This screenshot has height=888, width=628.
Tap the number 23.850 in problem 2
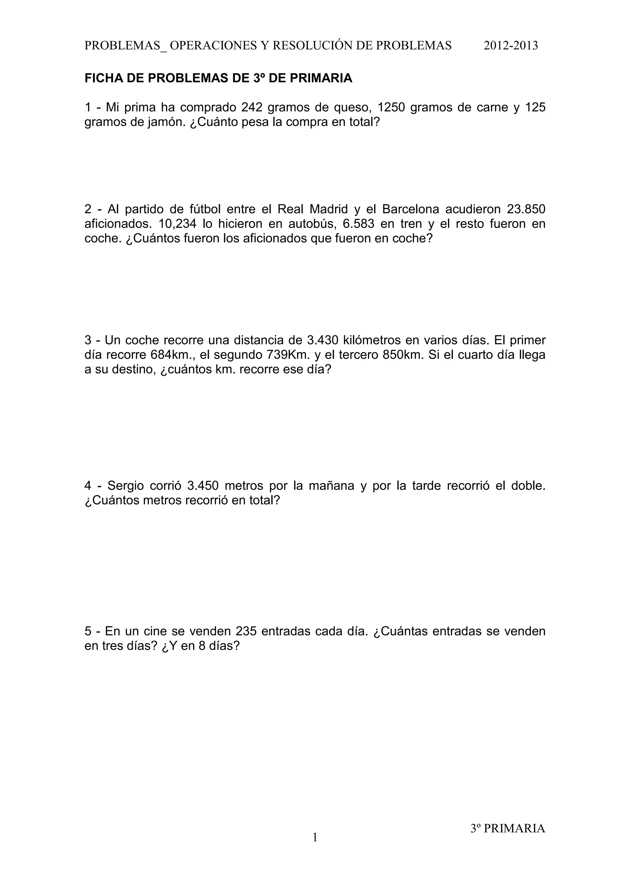coord(526,209)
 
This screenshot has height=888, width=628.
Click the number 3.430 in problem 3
coord(323,340)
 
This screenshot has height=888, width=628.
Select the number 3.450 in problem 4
coord(203,486)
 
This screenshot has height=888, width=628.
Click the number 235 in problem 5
coord(246,631)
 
